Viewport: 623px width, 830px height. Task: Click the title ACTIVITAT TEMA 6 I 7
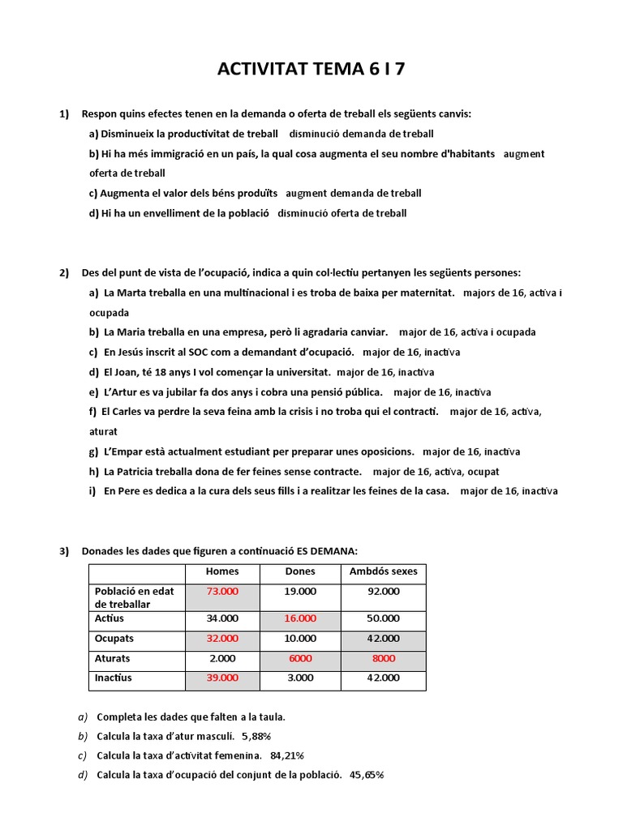click(x=311, y=69)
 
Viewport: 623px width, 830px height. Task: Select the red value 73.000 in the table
click(x=222, y=592)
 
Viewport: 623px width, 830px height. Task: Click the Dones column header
click(x=300, y=571)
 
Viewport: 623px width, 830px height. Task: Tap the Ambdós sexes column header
click(x=384, y=571)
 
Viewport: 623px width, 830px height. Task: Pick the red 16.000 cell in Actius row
click(x=300, y=618)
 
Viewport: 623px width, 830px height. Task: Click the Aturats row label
click(x=112, y=658)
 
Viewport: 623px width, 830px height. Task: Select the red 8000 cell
click(x=384, y=658)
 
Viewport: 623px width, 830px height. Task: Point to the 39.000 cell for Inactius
click(x=222, y=678)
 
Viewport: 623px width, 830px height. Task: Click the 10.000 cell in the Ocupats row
click(x=300, y=639)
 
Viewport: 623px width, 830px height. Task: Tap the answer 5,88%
click(x=256, y=736)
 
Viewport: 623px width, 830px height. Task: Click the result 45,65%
click(x=367, y=775)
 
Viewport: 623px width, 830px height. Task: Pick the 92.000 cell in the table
click(x=384, y=592)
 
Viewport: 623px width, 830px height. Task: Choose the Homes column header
click(x=222, y=571)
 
